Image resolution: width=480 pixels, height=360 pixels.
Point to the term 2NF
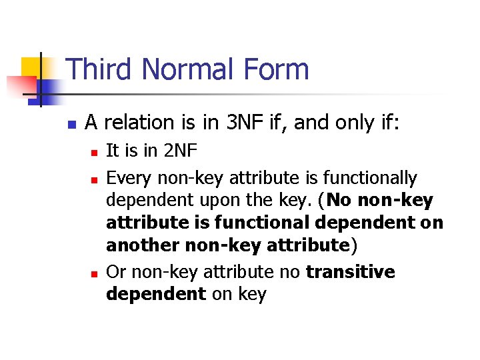(176, 151)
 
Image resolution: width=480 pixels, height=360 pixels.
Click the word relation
(136, 123)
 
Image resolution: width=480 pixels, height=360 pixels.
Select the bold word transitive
(351, 272)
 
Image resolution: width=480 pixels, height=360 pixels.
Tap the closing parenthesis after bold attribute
(354, 245)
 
